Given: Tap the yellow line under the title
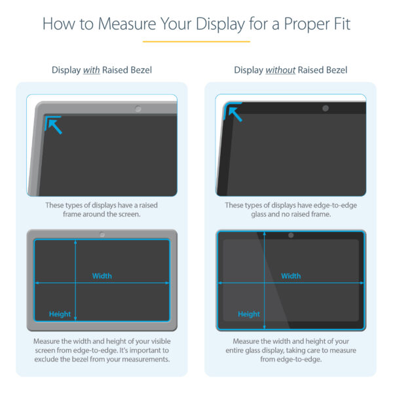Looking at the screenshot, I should coord(196,42).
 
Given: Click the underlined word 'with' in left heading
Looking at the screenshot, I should coord(91,70).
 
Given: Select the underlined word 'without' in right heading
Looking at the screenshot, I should coord(281,70).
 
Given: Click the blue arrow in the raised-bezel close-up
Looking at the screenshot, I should coord(54,125).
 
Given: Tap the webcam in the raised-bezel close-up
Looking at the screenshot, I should coord(138,107).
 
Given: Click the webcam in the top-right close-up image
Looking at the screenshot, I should coord(326,107).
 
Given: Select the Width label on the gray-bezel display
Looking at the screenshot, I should coord(102,276).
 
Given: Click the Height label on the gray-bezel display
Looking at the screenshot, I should coord(60,314).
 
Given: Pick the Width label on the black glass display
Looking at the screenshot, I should coord(291,276).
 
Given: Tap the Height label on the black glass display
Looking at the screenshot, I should coord(249,314).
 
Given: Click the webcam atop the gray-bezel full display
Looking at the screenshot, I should coord(102,234).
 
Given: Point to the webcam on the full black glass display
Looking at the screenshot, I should coord(291,234).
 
